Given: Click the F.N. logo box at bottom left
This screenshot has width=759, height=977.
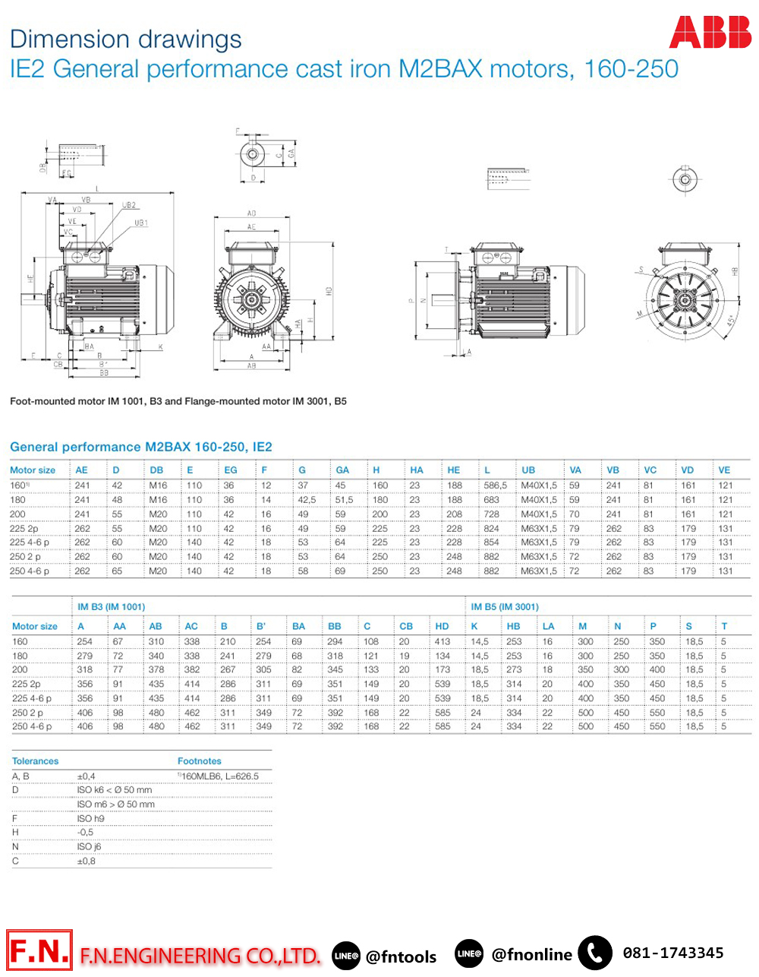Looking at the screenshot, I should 39,950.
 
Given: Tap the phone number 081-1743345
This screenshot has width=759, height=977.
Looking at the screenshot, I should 672,953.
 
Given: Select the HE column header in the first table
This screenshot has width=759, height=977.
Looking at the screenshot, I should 454,470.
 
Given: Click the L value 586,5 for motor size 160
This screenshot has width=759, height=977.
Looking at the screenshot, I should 495,485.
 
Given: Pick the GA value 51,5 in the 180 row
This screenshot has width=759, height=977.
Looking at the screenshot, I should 344,500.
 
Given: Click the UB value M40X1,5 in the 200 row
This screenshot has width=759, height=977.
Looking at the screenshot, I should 538,514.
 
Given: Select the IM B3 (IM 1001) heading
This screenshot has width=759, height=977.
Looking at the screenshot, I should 111,607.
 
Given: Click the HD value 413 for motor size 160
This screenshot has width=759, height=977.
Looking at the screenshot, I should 442,642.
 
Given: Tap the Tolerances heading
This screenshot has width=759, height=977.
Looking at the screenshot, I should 35,761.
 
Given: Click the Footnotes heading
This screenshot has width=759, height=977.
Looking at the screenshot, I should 200,761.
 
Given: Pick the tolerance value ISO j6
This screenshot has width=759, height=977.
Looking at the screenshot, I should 89,847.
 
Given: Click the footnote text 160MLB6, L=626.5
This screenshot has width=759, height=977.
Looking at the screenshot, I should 219,776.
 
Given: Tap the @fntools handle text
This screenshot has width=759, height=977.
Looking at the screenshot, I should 401,956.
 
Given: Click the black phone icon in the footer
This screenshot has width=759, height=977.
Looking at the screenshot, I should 595,953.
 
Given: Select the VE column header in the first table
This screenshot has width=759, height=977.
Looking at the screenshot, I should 724,470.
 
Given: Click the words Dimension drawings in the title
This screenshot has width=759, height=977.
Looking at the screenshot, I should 126,40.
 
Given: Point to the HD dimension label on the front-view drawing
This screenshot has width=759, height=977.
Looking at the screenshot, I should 329,292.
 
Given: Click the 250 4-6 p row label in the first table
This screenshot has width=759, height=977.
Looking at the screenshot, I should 30,571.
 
